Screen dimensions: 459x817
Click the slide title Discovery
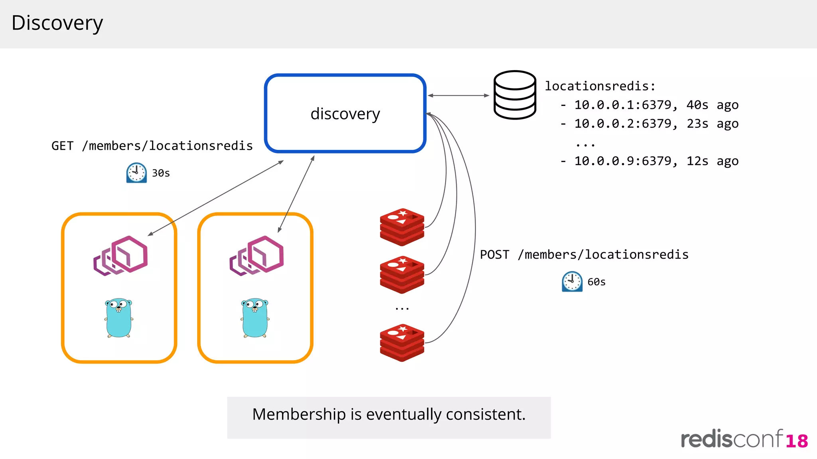57,23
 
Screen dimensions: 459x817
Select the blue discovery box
345,113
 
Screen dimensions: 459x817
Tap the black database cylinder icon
515,95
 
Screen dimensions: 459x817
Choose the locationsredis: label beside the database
600,86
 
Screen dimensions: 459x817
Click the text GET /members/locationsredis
152,146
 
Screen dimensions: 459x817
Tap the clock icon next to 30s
136,173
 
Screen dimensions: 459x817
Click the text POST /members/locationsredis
584,255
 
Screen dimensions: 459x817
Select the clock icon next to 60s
572,282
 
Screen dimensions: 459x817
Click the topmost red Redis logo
402,227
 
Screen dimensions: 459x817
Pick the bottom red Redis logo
402,343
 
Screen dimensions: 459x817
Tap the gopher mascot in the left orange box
119,318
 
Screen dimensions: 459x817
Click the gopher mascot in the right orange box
255,318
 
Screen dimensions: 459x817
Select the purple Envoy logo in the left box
121,255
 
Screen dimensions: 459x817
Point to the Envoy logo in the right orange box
257,255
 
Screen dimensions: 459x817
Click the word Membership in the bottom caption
299,414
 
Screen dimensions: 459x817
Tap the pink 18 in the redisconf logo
797,441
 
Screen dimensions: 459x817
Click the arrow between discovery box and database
458,96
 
